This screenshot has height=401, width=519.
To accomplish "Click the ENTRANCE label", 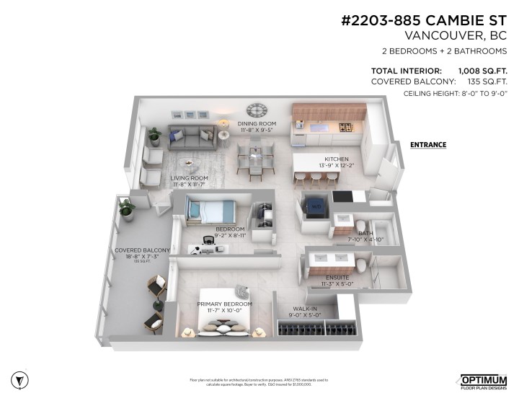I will [428, 145].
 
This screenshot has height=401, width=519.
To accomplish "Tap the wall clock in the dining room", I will [256, 110].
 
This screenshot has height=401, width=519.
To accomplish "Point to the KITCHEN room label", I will [336, 159].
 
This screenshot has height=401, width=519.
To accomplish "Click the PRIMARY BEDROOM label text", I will [225, 304].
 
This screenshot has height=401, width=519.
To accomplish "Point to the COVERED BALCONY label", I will [142, 250].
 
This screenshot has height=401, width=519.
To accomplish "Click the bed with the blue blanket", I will [210, 211].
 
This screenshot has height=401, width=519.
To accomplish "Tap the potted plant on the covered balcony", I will [128, 209].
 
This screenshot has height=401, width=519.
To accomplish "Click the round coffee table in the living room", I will [187, 163].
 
